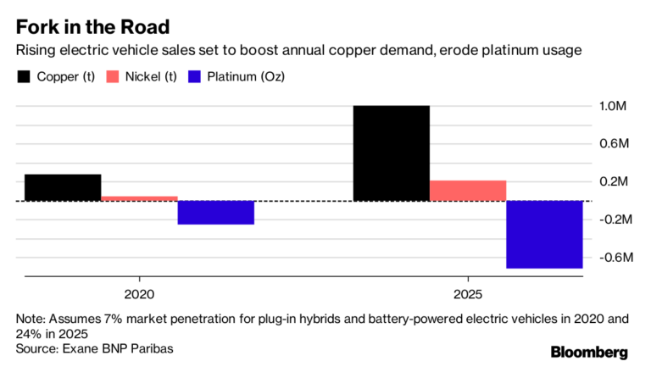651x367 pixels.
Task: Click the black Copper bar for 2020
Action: pos(63,187)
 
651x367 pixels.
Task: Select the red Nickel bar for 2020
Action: pos(139,198)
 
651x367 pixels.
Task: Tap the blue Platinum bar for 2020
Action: pos(216,213)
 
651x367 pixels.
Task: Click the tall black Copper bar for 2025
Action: pos(391,153)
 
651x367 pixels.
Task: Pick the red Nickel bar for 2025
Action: pos(468,191)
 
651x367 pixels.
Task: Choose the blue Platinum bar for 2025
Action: pos(544,235)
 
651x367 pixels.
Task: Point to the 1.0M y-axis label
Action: pos(613,107)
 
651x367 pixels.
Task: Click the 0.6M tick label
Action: pos(613,144)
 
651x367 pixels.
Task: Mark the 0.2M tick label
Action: pos(613,181)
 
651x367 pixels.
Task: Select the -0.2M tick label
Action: pos(611,220)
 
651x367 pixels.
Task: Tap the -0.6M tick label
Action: pos(611,257)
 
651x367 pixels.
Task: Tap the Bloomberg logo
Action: pos(589,352)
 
